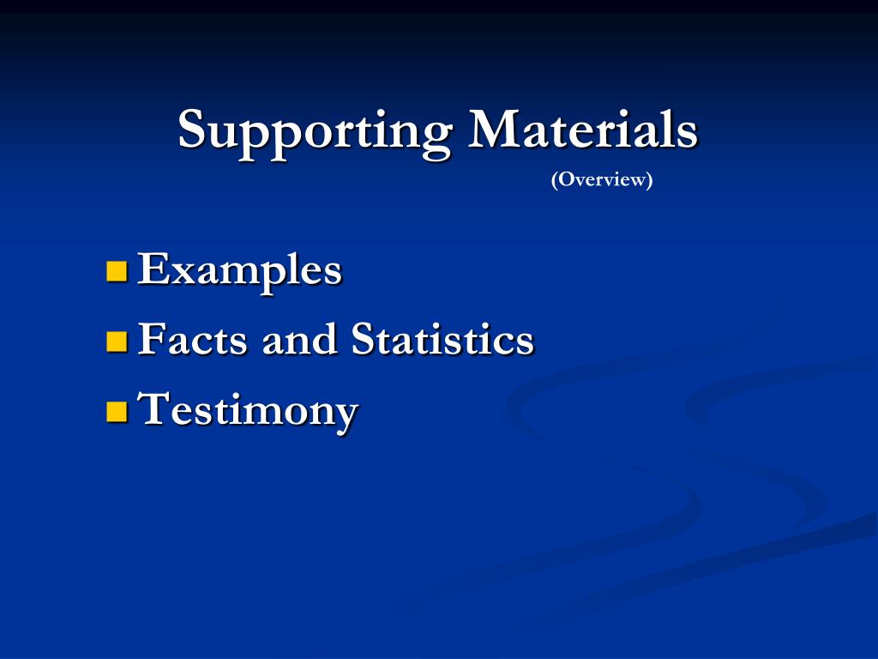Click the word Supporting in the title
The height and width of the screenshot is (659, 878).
(x=315, y=131)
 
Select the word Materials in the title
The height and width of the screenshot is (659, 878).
(x=583, y=130)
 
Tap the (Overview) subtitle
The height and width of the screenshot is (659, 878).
(x=602, y=180)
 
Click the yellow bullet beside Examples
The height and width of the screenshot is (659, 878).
(x=116, y=272)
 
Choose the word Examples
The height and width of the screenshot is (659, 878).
(x=240, y=271)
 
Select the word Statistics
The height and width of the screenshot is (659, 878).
(x=442, y=340)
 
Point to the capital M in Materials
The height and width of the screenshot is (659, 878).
(x=492, y=130)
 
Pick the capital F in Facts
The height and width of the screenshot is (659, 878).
(x=150, y=340)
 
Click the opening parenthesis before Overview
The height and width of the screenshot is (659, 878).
(x=555, y=180)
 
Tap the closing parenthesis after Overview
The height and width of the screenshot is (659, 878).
(x=649, y=180)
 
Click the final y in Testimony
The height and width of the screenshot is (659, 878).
(x=346, y=415)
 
